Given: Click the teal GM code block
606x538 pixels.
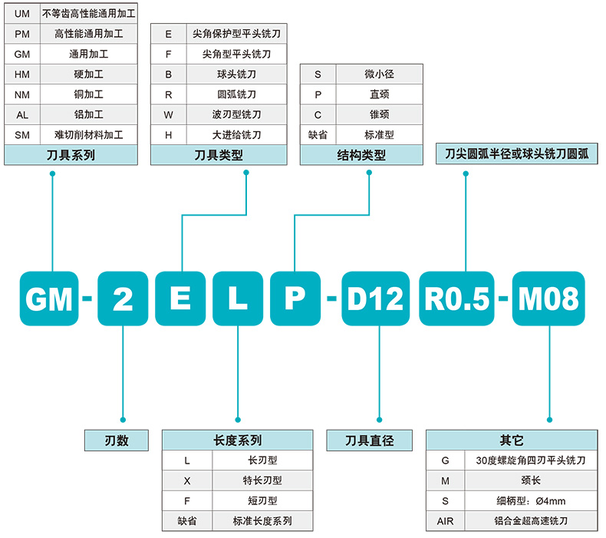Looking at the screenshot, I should point(49,299).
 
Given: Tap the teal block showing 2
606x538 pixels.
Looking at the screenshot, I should point(122,299).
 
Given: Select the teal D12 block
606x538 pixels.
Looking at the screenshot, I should point(375,299).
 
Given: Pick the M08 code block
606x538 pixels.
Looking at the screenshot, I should point(548,299).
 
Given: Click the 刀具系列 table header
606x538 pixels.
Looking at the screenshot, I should point(71,155).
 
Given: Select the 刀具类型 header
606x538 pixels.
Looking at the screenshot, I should point(220,155).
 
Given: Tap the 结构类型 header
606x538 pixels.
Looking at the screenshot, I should point(361,155).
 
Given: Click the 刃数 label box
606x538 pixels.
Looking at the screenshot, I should point(116,441).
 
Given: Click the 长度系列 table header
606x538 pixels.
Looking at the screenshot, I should point(237,441).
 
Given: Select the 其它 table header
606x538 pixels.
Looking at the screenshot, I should point(511,441).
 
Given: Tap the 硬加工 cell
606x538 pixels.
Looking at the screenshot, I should point(88,74).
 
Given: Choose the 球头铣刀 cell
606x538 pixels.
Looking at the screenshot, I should point(236,74).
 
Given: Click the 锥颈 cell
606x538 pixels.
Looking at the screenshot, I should point(379,114).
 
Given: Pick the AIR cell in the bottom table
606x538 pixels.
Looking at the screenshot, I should point(445,521).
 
